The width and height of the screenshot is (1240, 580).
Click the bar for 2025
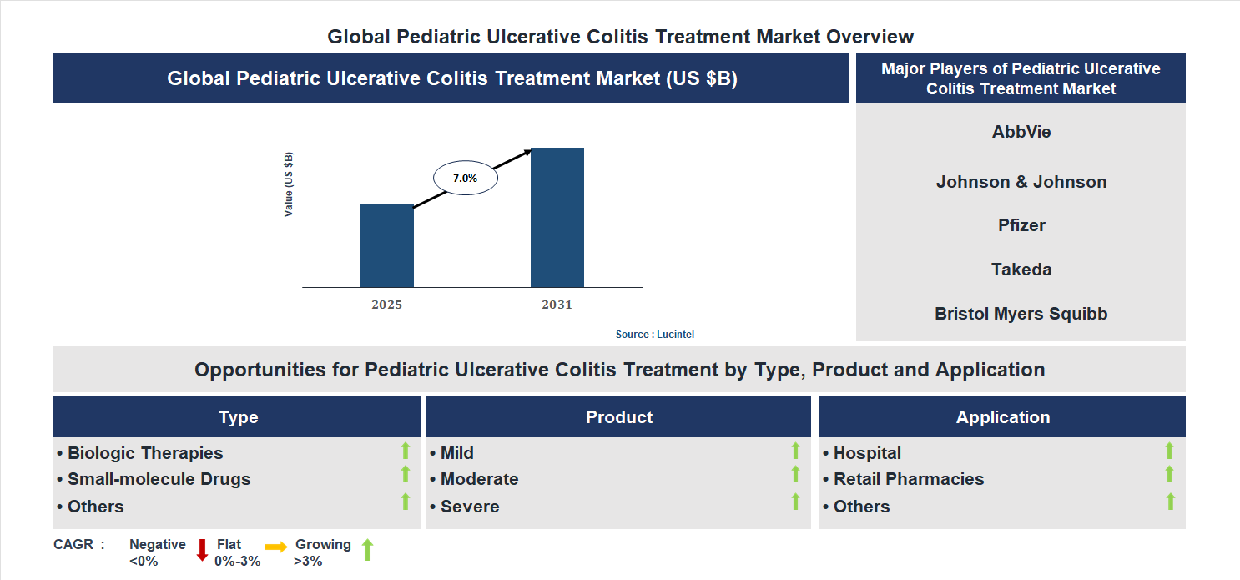[x=386, y=245]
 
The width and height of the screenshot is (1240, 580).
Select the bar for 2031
[x=557, y=218]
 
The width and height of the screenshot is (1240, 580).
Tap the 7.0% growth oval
[x=465, y=178]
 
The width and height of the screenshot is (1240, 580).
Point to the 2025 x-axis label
[x=386, y=305]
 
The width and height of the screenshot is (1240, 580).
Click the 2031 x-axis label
[x=557, y=305]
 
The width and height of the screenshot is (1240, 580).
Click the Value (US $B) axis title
[x=289, y=184]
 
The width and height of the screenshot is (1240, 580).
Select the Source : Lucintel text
[x=654, y=334]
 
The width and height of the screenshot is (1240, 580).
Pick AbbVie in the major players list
[x=1021, y=132]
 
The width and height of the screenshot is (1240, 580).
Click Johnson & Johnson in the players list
[x=1021, y=182]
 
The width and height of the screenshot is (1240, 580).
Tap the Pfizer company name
[x=1021, y=225]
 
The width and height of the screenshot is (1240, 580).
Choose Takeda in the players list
[x=1021, y=270]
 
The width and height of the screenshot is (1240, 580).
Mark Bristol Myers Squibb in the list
[x=1021, y=314]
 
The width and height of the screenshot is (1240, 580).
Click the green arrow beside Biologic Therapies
[x=406, y=451]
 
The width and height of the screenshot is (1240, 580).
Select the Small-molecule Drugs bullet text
[x=159, y=479]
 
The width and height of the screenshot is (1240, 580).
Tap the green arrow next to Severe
[x=795, y=502]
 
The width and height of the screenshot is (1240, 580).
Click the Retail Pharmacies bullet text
[x=908, y=479]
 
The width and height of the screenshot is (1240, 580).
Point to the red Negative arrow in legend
[x=201, y=550]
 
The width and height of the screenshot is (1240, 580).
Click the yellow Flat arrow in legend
[x=276, y=547]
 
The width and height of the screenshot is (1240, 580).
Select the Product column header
[x=618, y=417]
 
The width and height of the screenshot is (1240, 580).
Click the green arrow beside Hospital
[x=1169, y=451]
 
